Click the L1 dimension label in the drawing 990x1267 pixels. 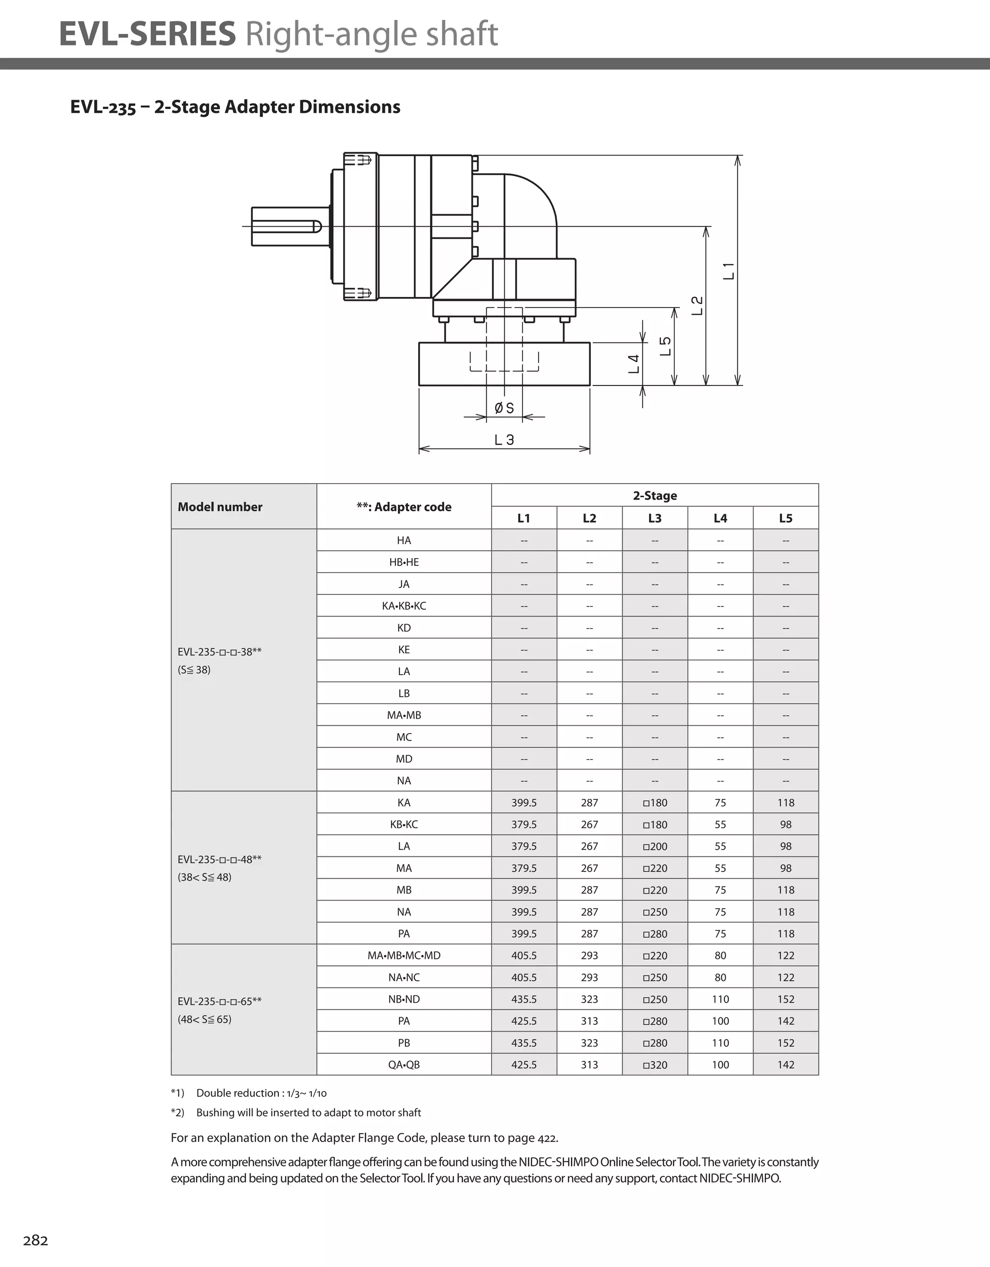(729, 271)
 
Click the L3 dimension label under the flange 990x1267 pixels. (504, 440)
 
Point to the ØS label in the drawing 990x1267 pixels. (504, 408)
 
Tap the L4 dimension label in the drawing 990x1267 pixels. (634, 364)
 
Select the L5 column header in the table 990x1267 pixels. (785, 518)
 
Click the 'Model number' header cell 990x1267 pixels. (220, 506)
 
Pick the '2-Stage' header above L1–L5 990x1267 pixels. (655, 495)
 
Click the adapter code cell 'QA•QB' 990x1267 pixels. (404, 1064)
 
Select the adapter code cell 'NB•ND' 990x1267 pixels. (404, 999)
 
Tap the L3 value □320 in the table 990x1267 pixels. (655, 1064)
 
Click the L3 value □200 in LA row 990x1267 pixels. (655, 846)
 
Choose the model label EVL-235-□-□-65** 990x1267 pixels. (219, 1002)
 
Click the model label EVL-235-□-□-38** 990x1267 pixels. (219, 651)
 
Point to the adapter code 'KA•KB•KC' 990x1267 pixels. (404, 605)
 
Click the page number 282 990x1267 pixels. (35, 1240)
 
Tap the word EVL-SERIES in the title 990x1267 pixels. (147, 34)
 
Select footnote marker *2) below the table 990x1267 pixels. (177, 1112)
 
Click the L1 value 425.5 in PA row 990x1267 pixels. (524, 1021)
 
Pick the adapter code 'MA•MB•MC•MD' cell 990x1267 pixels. (404, 956)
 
